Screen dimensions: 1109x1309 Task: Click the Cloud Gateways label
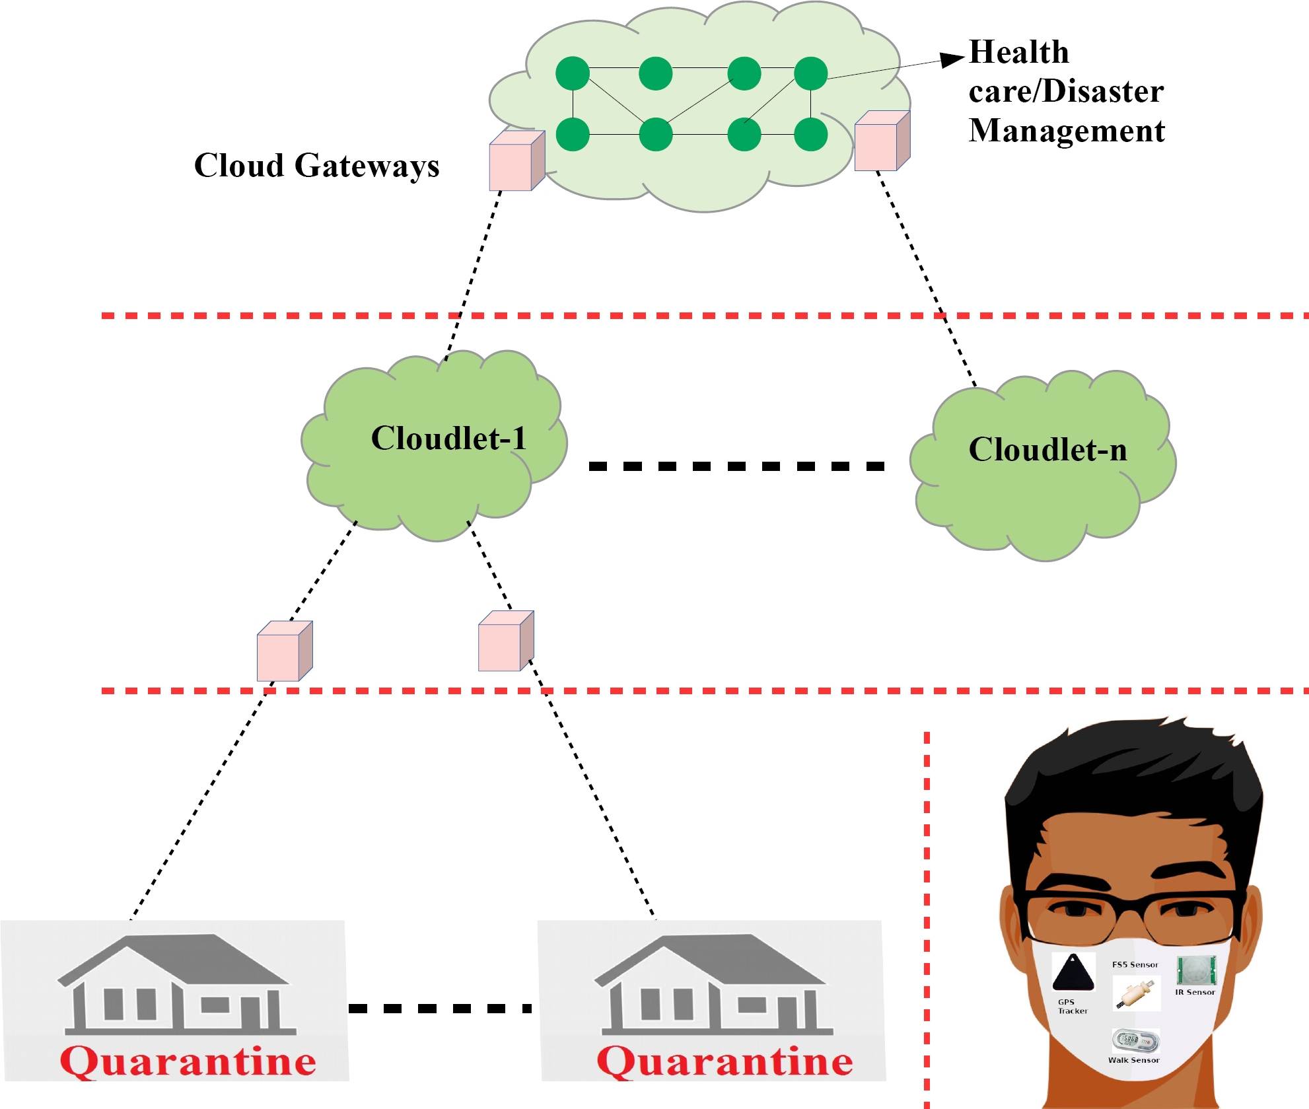click(x=316, y=165)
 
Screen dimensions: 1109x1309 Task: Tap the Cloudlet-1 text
click(x=448, y=438)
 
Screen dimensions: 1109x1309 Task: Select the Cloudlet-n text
click(x=1047, y=450)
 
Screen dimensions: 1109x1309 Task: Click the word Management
click(x=1067, y=130)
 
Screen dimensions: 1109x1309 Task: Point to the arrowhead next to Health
click(x=952, y=59)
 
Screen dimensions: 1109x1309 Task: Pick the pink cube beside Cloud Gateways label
click(x=516, y=161)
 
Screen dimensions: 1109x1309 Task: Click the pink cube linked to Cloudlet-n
click(x=882, y=141)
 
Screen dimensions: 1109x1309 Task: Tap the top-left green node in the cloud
click(x=573, y=73)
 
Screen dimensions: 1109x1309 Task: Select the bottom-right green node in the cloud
click(x=810, y=135)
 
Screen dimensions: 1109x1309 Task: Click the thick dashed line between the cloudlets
click(x=736, y=466)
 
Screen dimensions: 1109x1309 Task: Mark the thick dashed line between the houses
click(x=441, y=1009)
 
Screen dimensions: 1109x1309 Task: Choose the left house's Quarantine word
click(x=188, y=1061)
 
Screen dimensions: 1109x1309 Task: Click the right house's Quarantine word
click(x=725, y=1061)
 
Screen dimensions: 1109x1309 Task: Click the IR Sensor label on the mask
click(x=1195, y=992)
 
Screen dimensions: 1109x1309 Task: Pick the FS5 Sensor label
click(x=1135, y=964)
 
